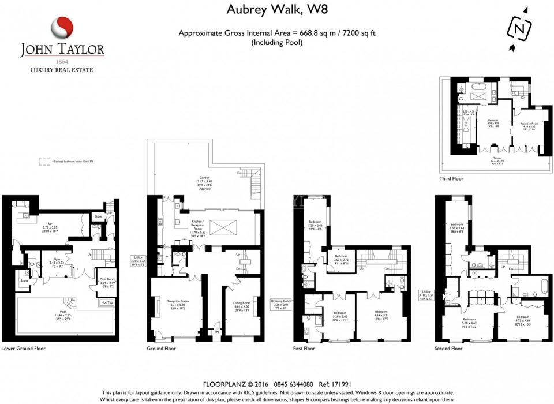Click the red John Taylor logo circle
coord(62,27)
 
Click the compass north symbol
coord(521,28)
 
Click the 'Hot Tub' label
coord(107,302)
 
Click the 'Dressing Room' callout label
coord(282,301)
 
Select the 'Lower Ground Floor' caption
coord(23,349)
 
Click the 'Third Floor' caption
coord(452,179)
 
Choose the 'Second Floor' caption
coord(448,349)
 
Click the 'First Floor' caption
coord(304,349)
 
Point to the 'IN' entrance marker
coord(217,333)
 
